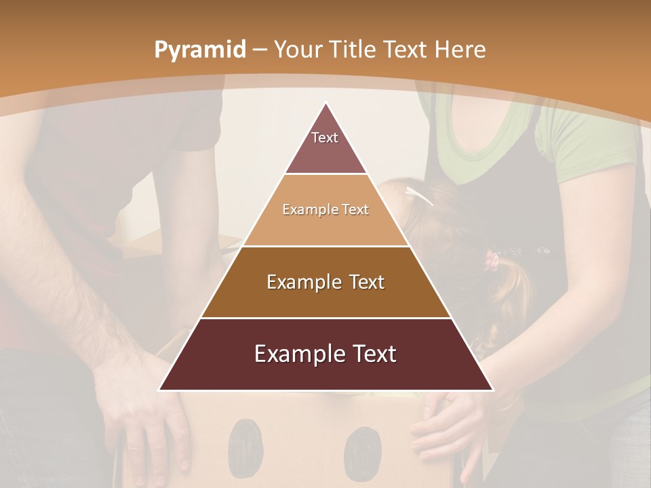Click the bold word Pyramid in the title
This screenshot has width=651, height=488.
tap(199, 50)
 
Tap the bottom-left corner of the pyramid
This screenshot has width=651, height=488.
tap(160, 390)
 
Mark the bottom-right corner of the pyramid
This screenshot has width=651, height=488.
tap(492, 390)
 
